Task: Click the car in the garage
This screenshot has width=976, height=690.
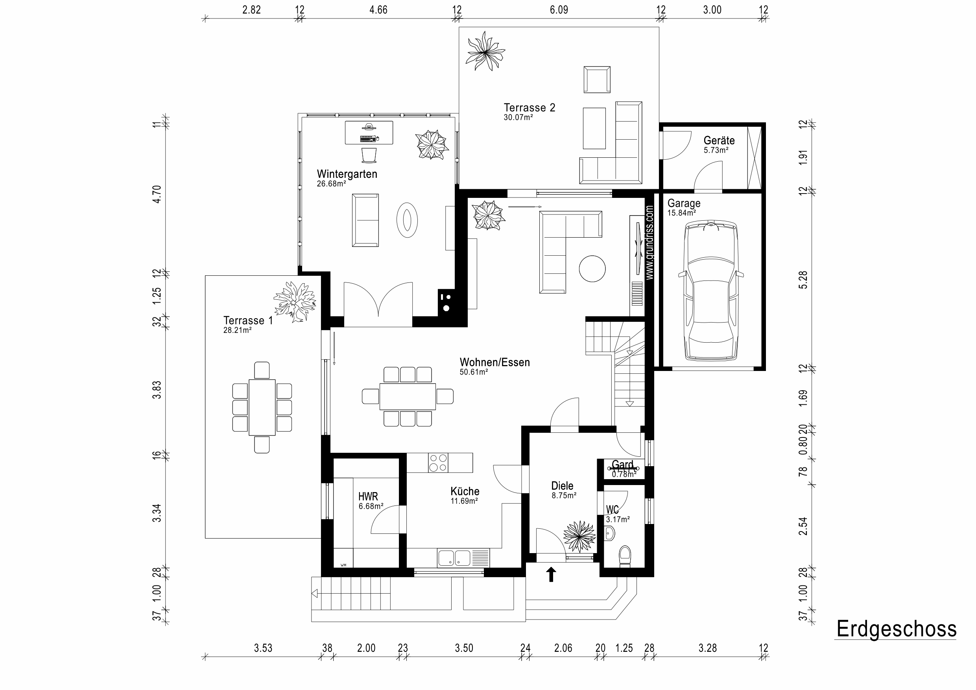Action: [711, 290]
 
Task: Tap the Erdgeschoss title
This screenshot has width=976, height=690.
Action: [897, 629]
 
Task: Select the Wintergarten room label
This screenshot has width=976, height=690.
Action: [347, 174]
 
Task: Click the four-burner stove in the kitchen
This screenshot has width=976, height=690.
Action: [438, 463]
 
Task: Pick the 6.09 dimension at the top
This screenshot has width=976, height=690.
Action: [559, 10]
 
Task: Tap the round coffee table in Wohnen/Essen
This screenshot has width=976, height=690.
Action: [592, 268]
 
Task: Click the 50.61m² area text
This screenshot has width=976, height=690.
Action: [474, 372]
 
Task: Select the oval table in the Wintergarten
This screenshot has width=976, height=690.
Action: [407, 220]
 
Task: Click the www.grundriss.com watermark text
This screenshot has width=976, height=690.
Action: [649, 243]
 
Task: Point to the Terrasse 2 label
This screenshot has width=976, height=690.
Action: [529, 107]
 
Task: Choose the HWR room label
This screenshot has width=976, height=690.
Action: [368, 496]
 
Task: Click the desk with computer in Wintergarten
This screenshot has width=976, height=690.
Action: [369, 132]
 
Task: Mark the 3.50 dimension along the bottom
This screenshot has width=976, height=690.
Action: [464, 648]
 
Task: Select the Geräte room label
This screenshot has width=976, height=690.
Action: [719, 140]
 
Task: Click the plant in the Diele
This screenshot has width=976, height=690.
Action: [579, 537]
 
